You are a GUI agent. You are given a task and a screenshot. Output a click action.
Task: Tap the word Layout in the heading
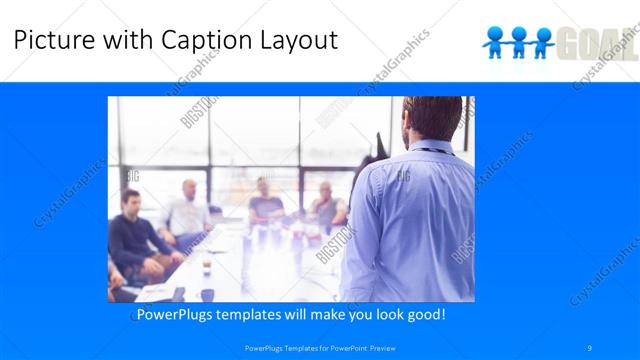pos(295,40)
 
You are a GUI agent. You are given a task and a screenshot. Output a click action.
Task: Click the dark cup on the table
pos(207,264)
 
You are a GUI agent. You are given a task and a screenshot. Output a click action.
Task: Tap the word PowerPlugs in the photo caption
pos(175,315)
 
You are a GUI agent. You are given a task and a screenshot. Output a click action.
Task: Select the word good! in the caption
pos(425,315)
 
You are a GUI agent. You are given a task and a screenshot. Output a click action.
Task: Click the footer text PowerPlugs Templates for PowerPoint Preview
pos(320,347)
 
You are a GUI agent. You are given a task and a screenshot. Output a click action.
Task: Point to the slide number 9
pos(591,347)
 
